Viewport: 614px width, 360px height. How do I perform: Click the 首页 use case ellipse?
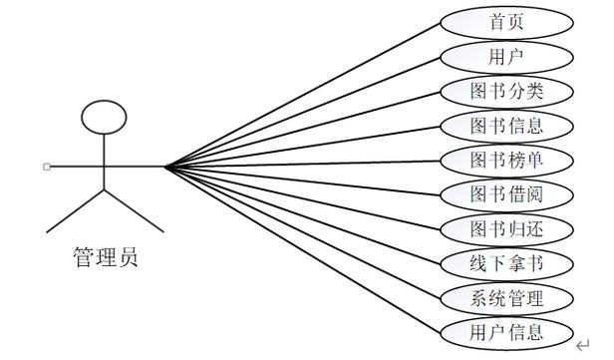coord(506,23)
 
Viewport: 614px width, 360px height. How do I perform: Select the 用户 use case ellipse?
coord(506,57)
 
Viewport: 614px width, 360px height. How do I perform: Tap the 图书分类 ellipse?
coord(506,92)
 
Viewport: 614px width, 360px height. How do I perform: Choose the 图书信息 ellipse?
coord(506,126)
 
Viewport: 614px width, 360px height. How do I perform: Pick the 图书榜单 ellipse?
coord(506,161)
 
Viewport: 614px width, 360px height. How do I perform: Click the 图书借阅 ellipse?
coord(506,195)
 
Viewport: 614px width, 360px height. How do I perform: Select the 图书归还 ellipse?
coord(506,229)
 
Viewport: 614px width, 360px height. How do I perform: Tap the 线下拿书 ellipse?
coord(506,264)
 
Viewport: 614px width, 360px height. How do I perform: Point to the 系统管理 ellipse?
coord(506,298)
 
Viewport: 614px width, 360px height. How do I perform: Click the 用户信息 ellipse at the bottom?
coord(506,333)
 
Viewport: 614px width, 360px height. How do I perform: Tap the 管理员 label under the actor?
coord(106,257)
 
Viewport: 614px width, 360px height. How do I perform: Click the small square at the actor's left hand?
coord(47,167)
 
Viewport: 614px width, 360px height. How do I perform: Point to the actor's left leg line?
coord(75,211)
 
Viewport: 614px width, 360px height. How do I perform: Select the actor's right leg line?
coord(134,211)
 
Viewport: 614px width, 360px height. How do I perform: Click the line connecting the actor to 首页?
coord(303,95)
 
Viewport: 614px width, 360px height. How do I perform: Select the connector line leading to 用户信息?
coord(303,250)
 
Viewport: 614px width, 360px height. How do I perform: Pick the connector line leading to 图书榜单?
coord(303,165)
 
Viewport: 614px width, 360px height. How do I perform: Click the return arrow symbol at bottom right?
coord(582,345)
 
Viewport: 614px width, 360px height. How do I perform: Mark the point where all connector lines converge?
coord(166,168)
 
